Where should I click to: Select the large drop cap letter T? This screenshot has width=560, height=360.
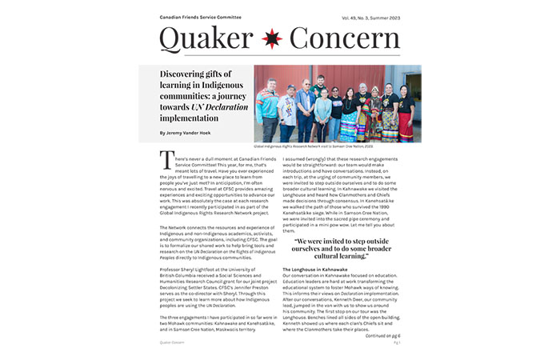coord(166,160)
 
